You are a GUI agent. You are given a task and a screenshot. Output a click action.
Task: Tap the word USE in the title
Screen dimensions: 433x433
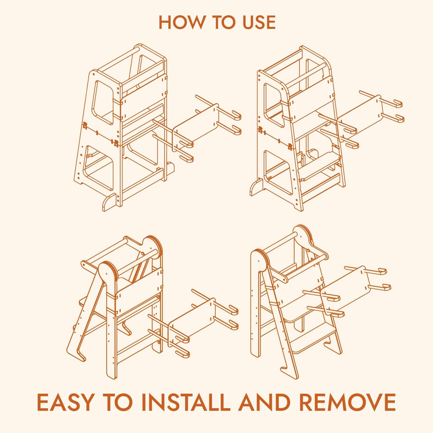coord(259,22)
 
